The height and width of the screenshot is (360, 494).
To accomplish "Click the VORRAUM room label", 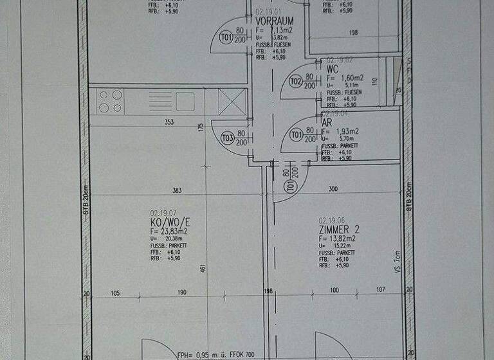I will pos(274,21).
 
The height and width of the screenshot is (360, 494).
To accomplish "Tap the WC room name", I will pos(332,68).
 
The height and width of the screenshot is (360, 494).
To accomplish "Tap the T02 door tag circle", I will pos(295,82).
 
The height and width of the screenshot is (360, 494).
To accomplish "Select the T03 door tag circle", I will pos(227,138).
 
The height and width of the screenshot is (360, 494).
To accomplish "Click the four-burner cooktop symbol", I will pos(110,101).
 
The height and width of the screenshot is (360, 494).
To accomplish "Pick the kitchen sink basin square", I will pos(185,100).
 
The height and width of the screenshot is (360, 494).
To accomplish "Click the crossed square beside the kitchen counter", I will pos(232,101).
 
